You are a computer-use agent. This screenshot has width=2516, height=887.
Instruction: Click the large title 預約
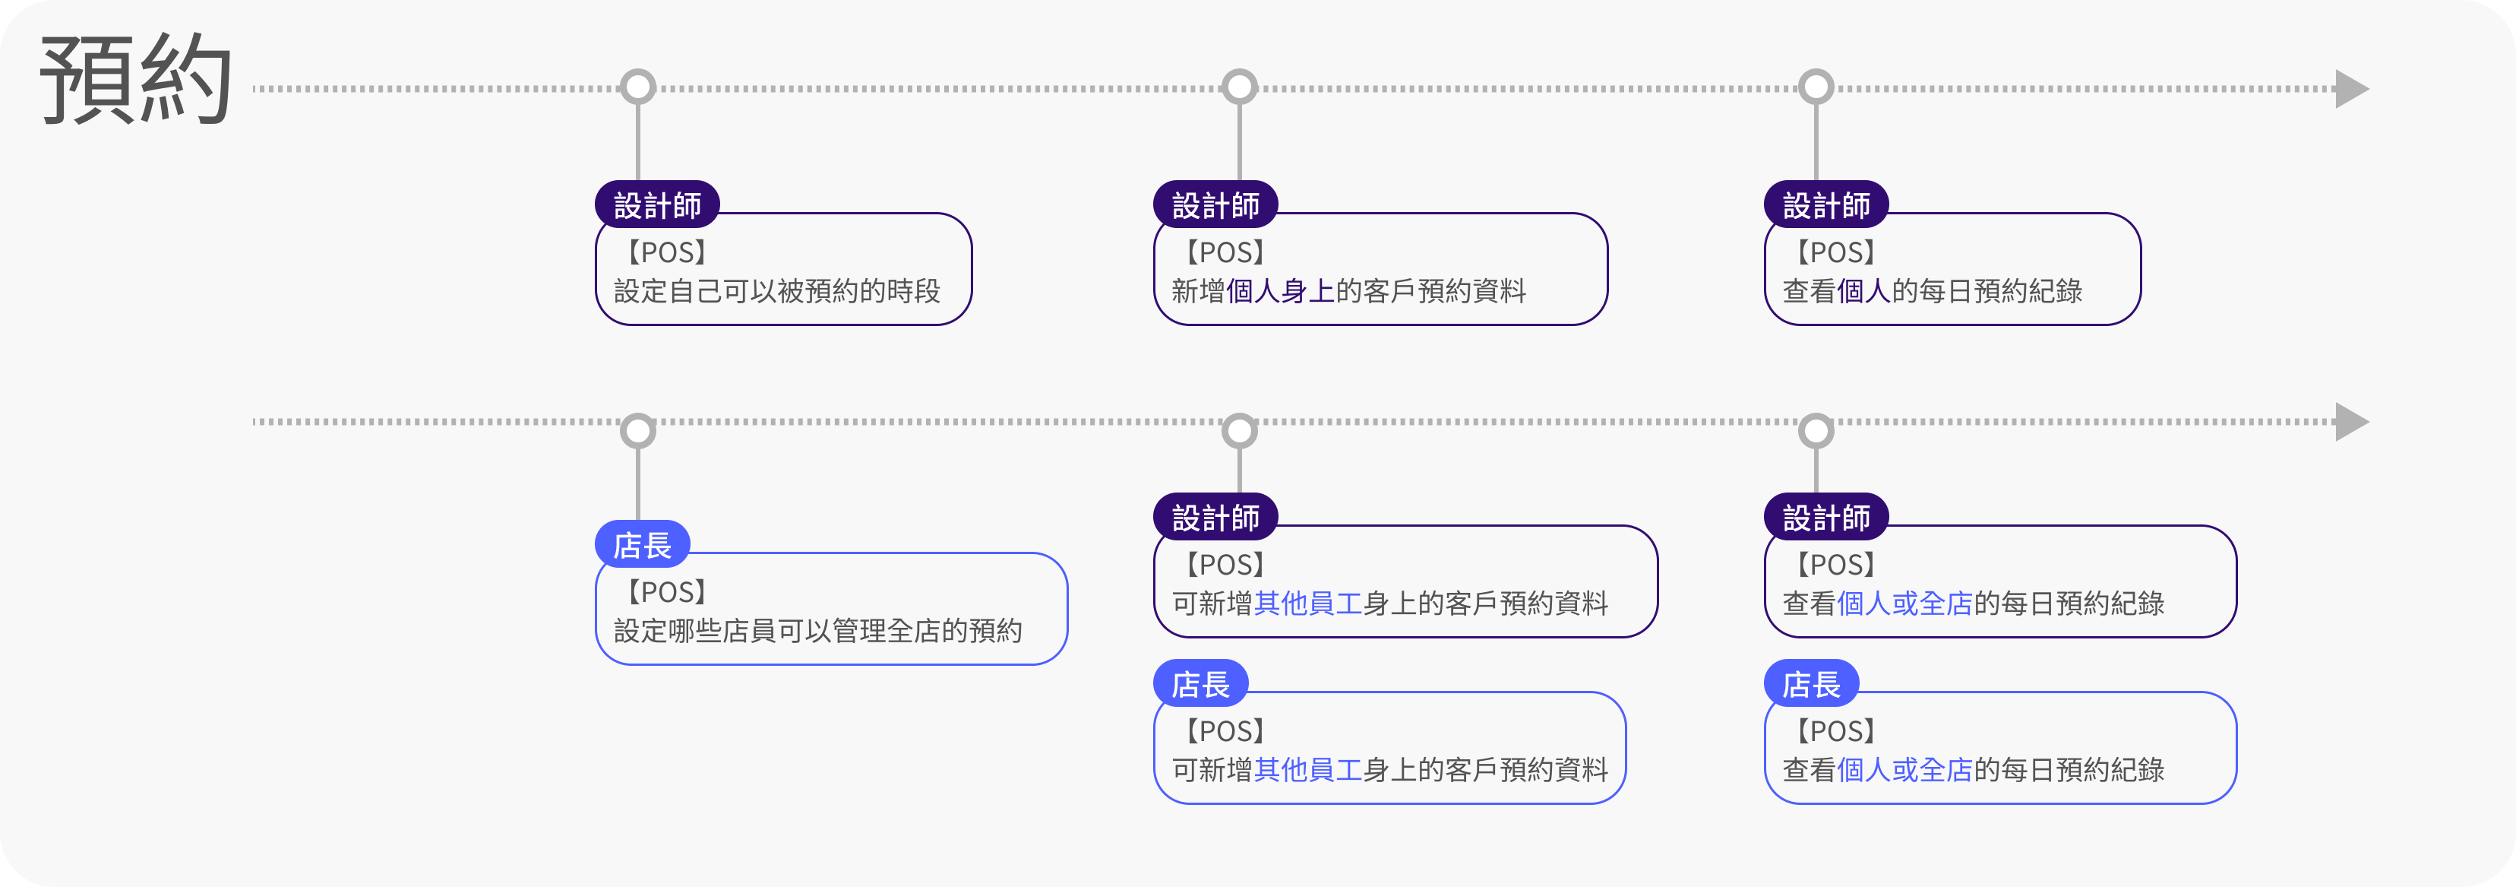click(136, 80)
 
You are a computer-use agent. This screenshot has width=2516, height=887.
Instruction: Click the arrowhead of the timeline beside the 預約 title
click(2352, 89)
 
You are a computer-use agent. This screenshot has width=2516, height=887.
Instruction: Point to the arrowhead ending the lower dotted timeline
click(2352, 422)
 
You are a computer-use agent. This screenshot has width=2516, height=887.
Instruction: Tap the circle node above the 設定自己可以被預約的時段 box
click(638, 87)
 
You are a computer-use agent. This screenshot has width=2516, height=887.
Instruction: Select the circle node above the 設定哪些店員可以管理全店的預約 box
click(638, 431)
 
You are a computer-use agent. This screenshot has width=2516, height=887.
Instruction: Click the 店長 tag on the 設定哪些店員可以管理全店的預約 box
click(643, 545)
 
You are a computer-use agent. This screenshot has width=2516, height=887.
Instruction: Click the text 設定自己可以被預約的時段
click(776, 291)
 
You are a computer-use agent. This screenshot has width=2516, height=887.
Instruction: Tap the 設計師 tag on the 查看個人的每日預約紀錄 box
click(1826, 205)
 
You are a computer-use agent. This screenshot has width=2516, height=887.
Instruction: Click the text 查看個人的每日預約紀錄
click(1932, 291)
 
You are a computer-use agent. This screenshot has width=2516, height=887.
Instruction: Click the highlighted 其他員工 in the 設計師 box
click(1308, 603)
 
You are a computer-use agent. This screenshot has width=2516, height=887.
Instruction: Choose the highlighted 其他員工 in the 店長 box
click(1308, 770)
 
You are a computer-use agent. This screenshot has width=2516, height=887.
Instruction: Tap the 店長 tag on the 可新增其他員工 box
click(1201, 684)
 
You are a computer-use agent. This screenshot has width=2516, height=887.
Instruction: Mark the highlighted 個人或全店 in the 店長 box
click(1904, 770)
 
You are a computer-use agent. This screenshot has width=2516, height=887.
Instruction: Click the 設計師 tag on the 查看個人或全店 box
click(1826, 518)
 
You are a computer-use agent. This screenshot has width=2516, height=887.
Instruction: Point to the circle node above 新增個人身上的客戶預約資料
click(1240, 87)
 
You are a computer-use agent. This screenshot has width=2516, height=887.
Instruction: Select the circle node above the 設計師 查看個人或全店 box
click(1816, 431)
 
